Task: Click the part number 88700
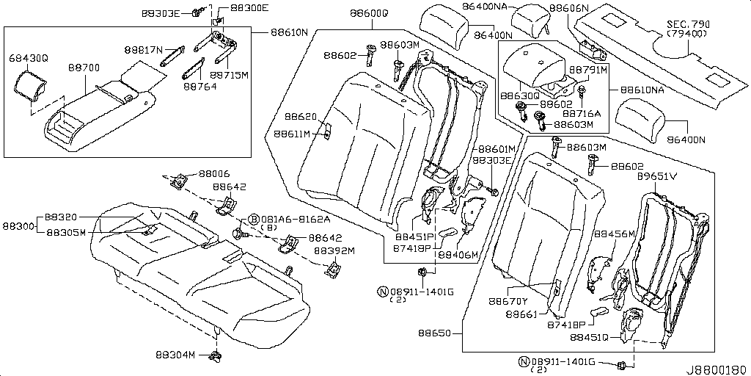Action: pos(84,68)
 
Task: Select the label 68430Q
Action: pos(28,57)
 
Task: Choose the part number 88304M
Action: pos(175,355)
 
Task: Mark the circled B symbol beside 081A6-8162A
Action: pos(254,219)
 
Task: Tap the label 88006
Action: pos(214,174)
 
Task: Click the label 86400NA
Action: pos(485,7)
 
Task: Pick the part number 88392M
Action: pos(334,250)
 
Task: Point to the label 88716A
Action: pos(582,114)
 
